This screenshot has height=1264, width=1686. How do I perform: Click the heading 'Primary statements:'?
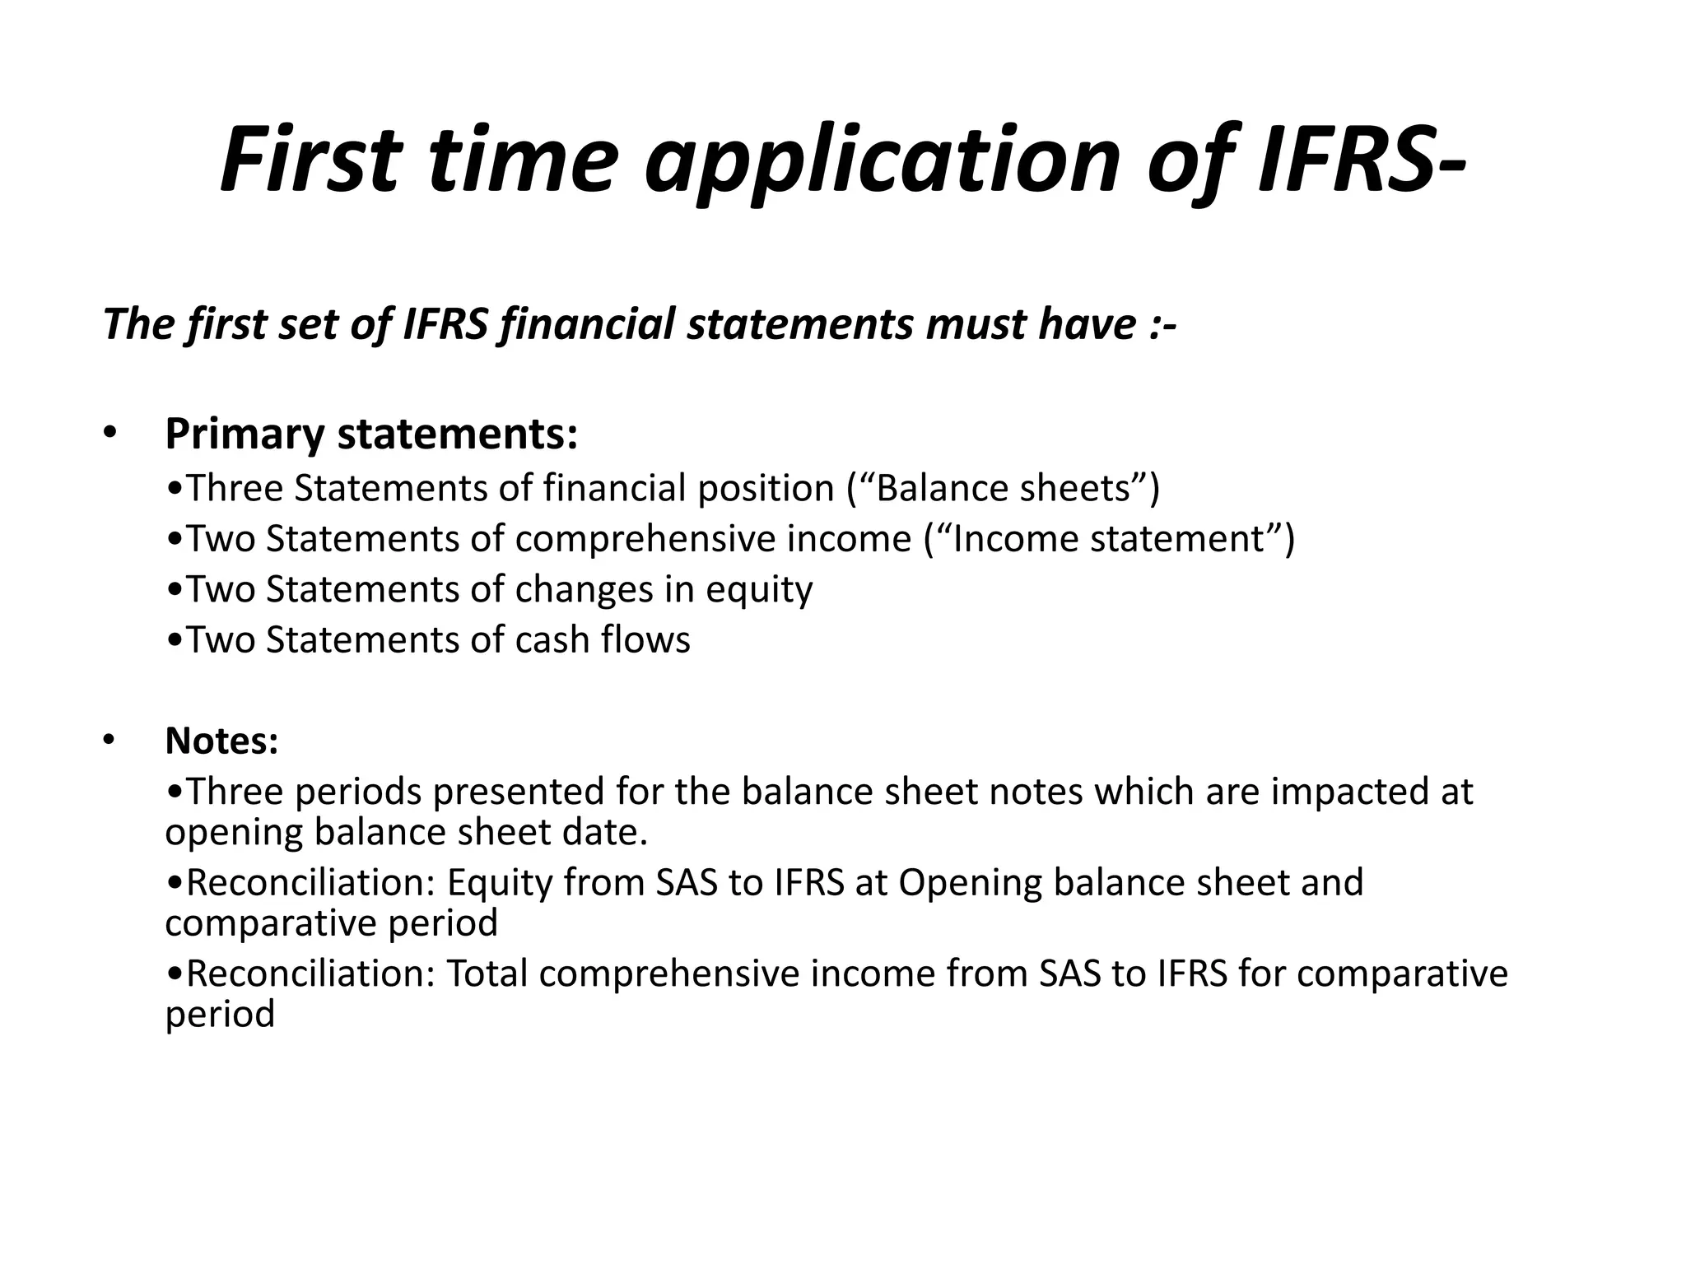click(x=371, y=434)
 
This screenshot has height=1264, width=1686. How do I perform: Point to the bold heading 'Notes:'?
click(x=221, y=741)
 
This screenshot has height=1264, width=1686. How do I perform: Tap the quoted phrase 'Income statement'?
click(x=1107, y=539)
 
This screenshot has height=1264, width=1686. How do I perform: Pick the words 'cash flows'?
click(x=603, y=640)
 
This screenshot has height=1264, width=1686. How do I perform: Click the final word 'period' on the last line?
click(x=220, y=1014)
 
